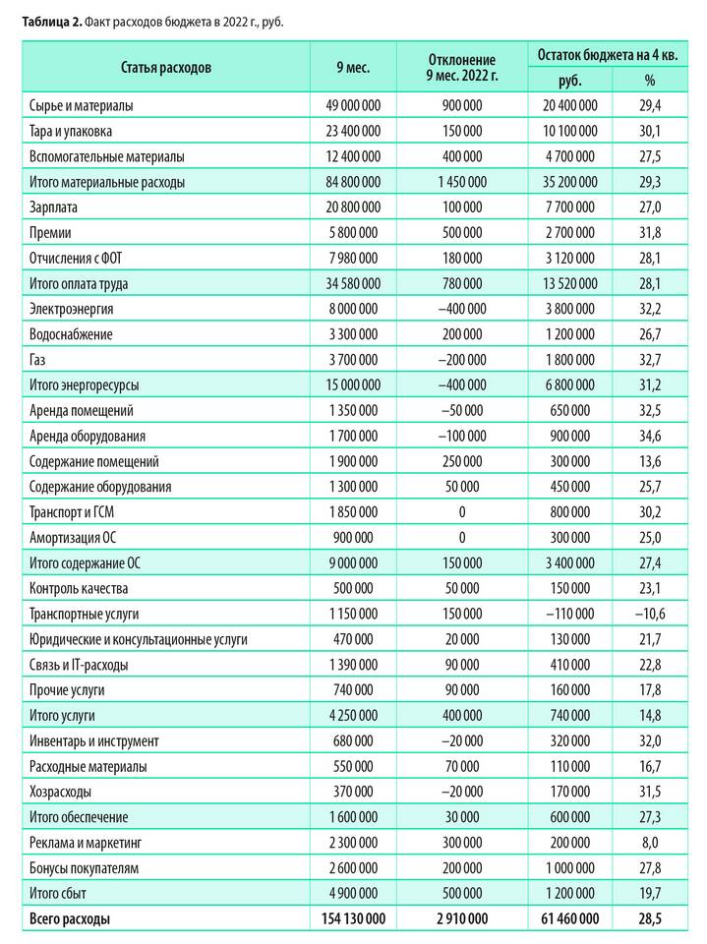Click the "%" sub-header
(x=650, y=81)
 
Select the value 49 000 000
(x=352, y=105)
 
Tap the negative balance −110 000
(x=569, y=614)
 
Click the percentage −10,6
(x=649, y=614)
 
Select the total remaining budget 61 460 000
(x=568, y=919)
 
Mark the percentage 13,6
(x=650, y=461)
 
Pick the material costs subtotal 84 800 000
(x=352, y=182)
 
